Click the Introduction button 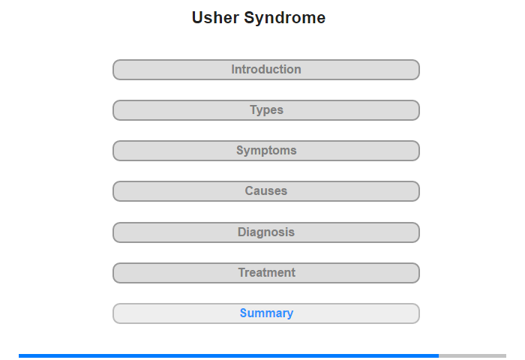pyautogui.click(x=265, y=70)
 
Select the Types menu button pyautogui.click(x=265, y=110)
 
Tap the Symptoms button pyautogui.click(x=265, y=151)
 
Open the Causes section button pyautogui.click(x=265, y=191)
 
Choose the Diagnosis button pyautogui.click(x=265, y=232)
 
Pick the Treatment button pyautogui.click(x=265, y=273)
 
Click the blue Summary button pyautogui.click(x=265, y=313)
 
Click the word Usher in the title pyautogui.click(x=215, y=18)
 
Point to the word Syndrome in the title pyautogui.click(x=284, y=19)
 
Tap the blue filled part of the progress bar pyautogui.click(x=229, y=355)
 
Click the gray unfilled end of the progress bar pyautogui.click(x=472, y=355)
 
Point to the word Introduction pyautogui.click(x=266, y=69)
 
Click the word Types pyautogui.click(x=266, y=110)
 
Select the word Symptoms pyautogui.click(x=266, y=151)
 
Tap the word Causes pyautogui.click(x=266, y=191)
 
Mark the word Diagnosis pyautogui.click(x=266, y=232)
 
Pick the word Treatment pyautogui.click(x=267, y=272)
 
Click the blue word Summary pyautogui.click(x=266, y=313)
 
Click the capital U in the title pyautogui.click(x=197, y=18)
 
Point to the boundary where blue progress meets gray pyautogui.click(x=439, y=355)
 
